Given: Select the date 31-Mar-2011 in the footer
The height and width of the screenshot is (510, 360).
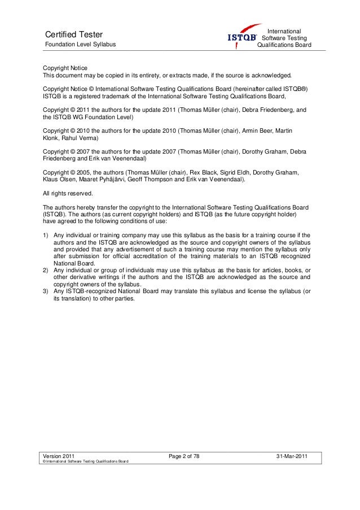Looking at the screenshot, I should pos(292,455).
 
